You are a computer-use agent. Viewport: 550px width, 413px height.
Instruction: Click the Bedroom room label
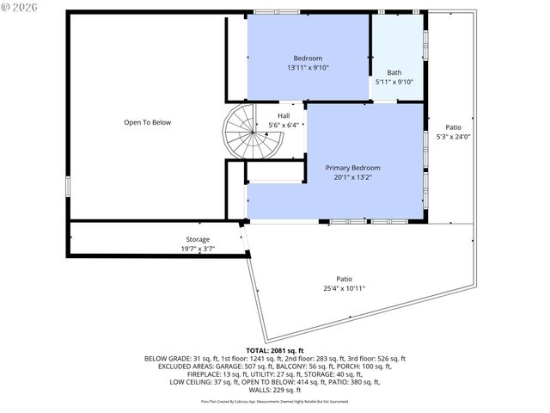[x=309, y=58]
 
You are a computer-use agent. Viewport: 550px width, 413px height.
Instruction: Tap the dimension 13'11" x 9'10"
[x=309, y=67]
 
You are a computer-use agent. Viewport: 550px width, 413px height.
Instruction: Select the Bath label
[x=394, y=72]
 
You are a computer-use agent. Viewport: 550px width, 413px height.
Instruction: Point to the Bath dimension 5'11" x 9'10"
[x=394, y=82]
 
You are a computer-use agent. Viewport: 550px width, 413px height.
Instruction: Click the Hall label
[x=284, y=115]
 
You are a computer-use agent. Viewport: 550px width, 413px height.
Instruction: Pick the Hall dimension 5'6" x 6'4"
[x=284, y=126]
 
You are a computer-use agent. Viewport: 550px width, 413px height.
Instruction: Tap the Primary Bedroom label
[x=352, y=168]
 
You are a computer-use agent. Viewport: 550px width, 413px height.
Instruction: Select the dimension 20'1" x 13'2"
[x=352, y=177]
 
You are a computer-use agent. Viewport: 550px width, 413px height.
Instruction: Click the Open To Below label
[x=147, y=122]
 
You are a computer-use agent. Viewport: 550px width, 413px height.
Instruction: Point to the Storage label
[x=198, y=239]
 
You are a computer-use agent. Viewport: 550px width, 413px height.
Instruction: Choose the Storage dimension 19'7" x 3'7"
[x=198, y=249]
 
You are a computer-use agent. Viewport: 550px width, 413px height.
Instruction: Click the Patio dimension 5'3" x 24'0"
[x=453, y=136]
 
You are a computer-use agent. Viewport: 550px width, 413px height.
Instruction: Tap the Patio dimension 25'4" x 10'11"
[x=344, y=288]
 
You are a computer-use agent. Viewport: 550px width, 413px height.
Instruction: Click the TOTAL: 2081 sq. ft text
[x=274, y=350]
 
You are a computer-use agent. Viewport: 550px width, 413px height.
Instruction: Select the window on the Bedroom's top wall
[x=277, y=12]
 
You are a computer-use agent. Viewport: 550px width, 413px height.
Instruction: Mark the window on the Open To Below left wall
[x=69, y=187]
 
